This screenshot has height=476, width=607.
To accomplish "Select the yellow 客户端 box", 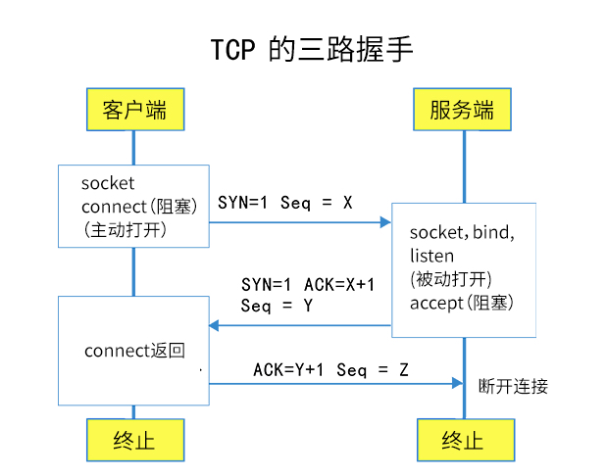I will point(134,109).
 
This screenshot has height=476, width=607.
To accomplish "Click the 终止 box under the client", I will point(134,440).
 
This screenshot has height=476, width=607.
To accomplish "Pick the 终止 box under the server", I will point(463,440).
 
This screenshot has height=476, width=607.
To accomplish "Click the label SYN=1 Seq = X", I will point(284,202).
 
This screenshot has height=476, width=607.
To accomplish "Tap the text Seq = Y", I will point(277,306).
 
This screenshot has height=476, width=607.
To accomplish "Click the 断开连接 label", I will point(512,386).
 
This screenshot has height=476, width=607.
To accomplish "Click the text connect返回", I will point(134,351).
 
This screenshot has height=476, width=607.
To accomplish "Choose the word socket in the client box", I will point(108,183).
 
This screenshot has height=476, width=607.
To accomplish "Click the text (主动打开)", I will point(125,229).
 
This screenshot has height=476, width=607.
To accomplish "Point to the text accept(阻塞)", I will point(460,303).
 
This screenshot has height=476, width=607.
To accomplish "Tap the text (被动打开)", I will point(450,279).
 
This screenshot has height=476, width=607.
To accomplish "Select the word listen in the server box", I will point(431,256).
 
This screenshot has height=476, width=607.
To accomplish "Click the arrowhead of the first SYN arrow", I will point(386,222).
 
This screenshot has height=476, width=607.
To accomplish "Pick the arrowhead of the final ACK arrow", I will point(458,384).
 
